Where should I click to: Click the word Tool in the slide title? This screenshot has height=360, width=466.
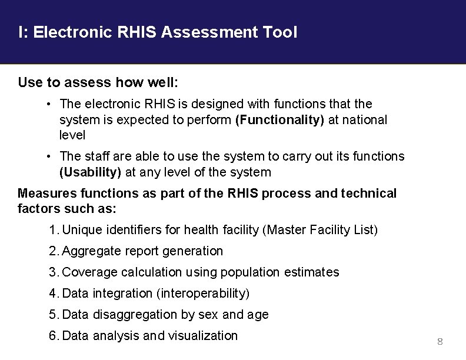pyautogui.click(x=279, y=32)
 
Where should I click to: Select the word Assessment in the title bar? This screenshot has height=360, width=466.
pyautogui.click(x=209, y=32)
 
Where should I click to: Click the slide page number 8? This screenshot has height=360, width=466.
pyautogui.click(x=440, y=342)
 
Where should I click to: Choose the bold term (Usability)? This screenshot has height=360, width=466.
pyautogui.click(x=91, y=172)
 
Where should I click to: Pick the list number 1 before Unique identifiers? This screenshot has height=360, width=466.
pyautogui.click(x=53, y=230)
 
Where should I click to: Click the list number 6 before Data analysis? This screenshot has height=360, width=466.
pyautogui.click(x=54, y=336)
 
